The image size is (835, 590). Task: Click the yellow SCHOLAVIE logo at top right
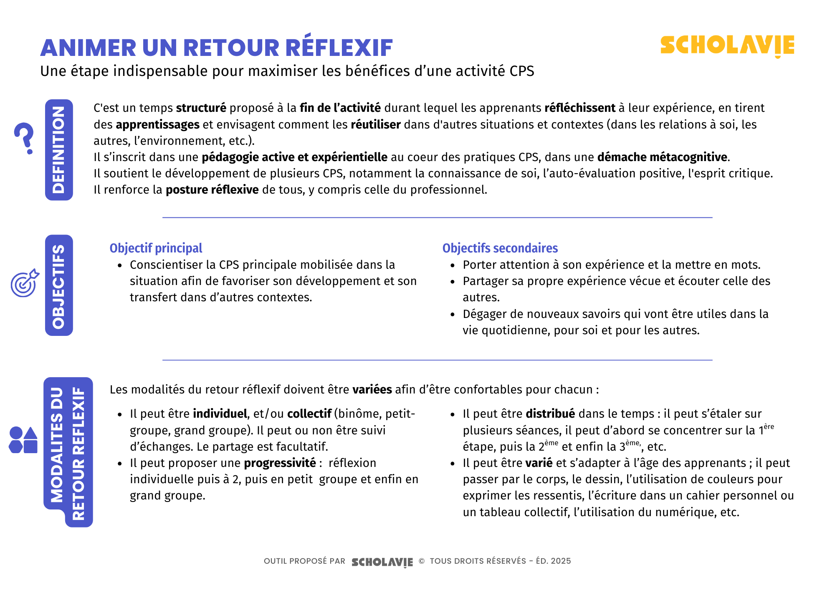pos(727,45)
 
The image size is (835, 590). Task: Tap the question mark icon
pos(24,138)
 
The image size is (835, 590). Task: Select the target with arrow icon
pos(25,283)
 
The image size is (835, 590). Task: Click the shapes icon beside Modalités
pos(23,440)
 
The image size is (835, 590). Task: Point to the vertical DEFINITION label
pos(59,150)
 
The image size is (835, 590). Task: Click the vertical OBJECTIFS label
pos(59,285)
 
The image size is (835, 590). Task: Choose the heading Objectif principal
pos(156,248)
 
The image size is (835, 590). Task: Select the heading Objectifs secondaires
pos(500,248)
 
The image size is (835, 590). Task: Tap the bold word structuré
pos(201,108)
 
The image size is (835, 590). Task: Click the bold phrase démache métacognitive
pos(662,157)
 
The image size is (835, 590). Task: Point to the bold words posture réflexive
pos(212,190)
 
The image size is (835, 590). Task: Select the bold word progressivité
pos(280,463)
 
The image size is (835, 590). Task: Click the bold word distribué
pos(550,414)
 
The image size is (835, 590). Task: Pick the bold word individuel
pos(220,414)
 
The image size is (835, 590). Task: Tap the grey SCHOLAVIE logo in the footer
pos(382,562)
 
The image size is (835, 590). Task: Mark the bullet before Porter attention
pos(453,265)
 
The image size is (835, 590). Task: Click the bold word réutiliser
pos(375,125)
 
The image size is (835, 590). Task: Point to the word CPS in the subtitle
pos(521,71)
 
